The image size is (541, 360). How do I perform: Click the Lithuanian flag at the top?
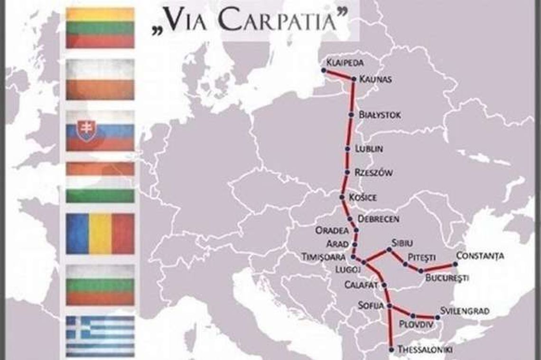[x=100, y=28]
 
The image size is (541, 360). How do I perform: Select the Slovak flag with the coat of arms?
[x=100, y=131]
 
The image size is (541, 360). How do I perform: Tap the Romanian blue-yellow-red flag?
[x=100, y=233]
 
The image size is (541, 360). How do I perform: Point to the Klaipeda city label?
[x=346, y=62]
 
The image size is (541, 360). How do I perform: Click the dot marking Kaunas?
[x=354, y=79]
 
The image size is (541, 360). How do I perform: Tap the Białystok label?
[x=380, y=115]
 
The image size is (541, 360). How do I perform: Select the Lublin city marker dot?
[x=347, y=149]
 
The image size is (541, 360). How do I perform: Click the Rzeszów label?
[x=374, y=173]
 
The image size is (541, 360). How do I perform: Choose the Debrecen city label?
[x=378, y=219]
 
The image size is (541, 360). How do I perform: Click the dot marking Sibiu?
[x=389, y=249]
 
